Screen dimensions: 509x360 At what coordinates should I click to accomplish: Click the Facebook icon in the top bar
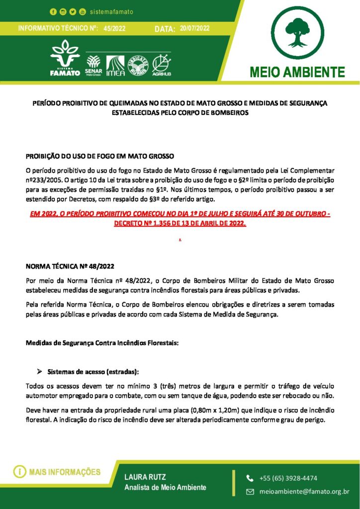[x=53, y=11]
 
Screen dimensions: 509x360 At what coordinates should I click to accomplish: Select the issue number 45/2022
[x=114, y=29]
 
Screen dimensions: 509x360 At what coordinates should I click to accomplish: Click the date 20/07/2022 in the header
[x=195, y=28]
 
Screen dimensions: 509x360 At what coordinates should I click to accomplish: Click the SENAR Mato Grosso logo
[x=93, y=65]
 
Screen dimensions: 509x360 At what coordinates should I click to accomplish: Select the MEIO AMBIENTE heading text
[x=298, y=72]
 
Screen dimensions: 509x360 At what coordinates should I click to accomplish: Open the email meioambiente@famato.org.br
[x=304, y=492]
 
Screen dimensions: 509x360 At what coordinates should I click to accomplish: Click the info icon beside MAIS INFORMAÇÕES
[x=19, y=472]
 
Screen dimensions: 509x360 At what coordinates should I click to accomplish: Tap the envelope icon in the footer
[x=250, y=492]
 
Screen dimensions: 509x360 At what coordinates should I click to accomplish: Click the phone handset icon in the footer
[x=250, y=478]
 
